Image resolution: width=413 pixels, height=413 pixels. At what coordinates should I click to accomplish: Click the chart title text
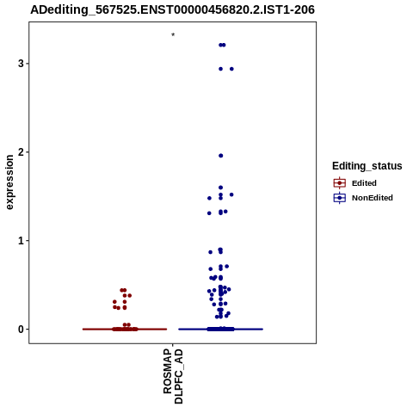172,9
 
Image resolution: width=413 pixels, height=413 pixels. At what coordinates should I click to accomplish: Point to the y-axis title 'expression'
9,182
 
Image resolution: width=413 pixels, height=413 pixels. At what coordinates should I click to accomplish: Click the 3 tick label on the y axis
21,64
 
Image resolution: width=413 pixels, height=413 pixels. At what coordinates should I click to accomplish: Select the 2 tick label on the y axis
21,152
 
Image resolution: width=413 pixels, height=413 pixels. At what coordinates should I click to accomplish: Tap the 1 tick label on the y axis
21,241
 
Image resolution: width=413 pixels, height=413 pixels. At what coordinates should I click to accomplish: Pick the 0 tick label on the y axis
21,330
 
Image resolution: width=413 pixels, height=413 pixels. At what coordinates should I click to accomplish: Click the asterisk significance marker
173,35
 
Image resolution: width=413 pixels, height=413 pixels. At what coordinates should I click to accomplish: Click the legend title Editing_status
367,166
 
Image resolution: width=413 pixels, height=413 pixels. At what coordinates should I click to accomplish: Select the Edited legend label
364,183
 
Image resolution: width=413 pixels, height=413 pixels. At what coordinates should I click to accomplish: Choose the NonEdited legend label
373,198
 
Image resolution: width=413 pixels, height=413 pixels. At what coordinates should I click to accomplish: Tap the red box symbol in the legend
340,183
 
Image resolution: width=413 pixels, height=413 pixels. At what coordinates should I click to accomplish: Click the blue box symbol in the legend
340,198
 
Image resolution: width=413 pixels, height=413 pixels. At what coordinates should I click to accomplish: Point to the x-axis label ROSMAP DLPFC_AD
173,376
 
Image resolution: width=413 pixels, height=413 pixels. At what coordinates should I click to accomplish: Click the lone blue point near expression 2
221,156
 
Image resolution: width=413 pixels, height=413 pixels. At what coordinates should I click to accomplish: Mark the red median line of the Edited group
125,330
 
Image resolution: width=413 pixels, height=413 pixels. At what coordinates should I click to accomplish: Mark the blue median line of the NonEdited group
220,330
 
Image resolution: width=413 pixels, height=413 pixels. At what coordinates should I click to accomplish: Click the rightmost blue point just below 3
231,69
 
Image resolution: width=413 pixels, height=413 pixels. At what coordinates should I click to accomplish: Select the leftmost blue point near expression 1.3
209,213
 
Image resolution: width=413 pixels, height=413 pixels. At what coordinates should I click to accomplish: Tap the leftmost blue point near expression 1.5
209,198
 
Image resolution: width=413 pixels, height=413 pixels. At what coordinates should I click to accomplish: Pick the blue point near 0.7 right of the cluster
227,267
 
